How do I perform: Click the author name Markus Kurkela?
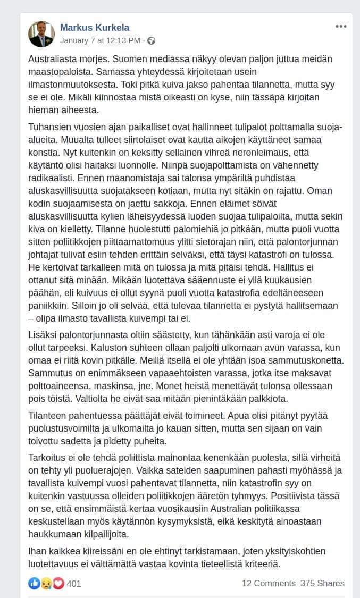(x=95, y=28)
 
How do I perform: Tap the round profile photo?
(x=41, y=34)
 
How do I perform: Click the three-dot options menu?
(x=341, y=27)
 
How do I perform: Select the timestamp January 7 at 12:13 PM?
(x=100, y=40)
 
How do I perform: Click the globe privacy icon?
(x=151, y=40)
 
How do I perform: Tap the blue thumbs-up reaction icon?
(x=34, y=583)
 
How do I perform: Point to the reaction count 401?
(x=74, y=584)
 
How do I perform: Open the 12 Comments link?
(x=269, y=583)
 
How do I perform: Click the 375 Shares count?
(x=322, y=583)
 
